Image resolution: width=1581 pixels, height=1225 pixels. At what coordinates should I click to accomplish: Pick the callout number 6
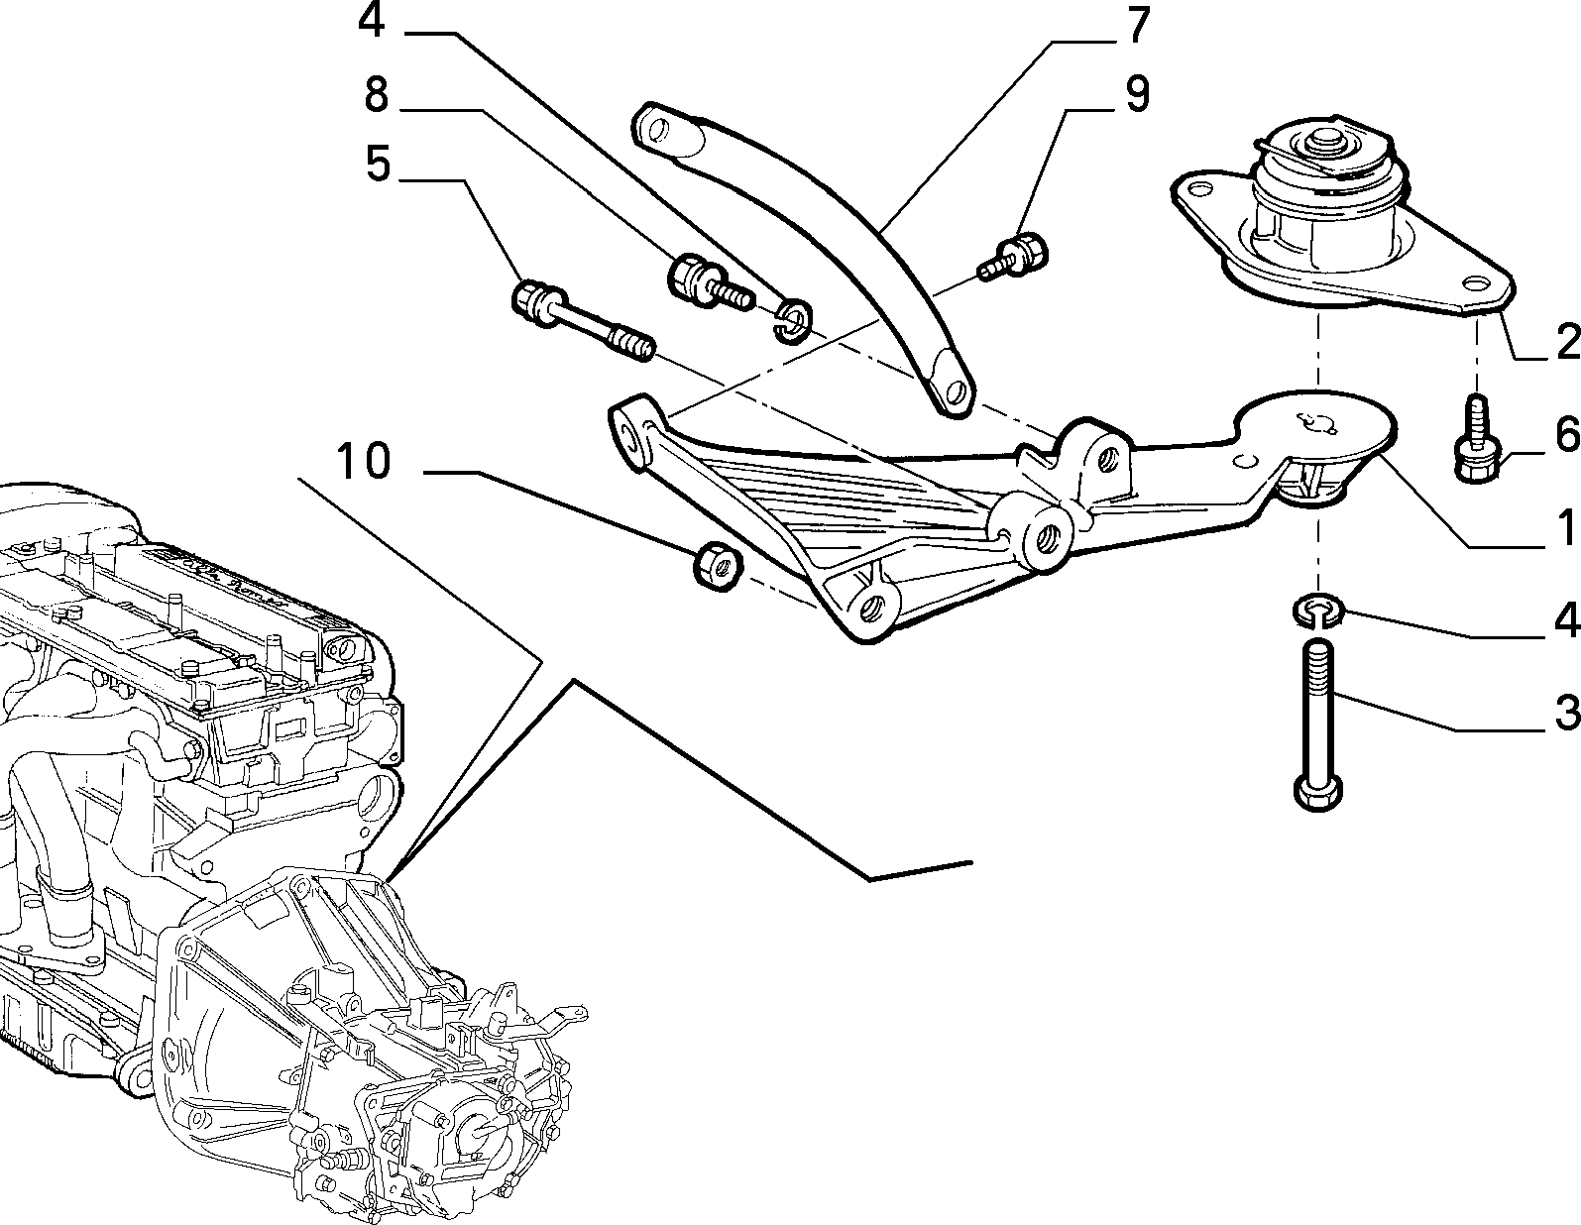1566,433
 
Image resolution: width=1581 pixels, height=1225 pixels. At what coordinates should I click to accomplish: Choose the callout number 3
1566,712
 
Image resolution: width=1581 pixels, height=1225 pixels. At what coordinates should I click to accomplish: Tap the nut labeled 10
716,565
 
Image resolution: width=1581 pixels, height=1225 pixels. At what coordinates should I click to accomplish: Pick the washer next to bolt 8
793,320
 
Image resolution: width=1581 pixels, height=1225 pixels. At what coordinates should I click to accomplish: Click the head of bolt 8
692,279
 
